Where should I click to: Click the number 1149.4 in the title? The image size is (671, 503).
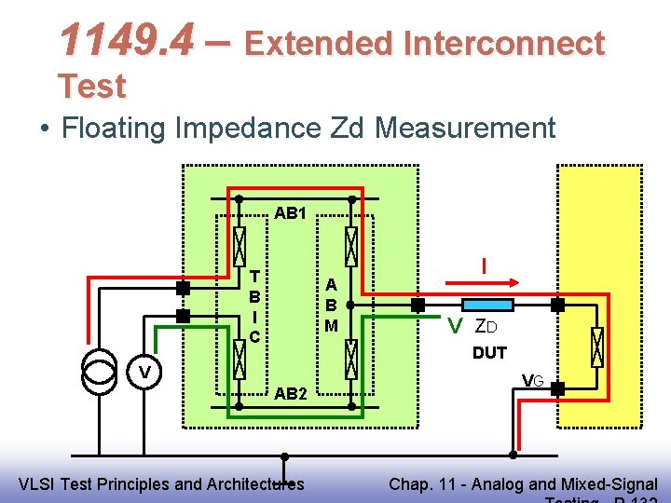coord(126,40)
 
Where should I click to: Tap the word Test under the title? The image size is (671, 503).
coord(91,87)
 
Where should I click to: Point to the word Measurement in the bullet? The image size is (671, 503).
coord(466,128)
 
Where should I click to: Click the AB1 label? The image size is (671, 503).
coord(291,213)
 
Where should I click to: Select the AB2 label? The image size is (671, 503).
coord(291,394)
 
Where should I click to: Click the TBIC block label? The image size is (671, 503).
coord(254,306)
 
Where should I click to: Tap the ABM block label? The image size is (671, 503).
coord(331,305)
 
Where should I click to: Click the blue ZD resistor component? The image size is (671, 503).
coord(487,305)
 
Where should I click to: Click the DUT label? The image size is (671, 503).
coord(489,353)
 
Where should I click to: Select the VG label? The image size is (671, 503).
coord(532,380)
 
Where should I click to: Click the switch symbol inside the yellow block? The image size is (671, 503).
coord(597,347)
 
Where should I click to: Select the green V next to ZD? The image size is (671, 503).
coord(455,327)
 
